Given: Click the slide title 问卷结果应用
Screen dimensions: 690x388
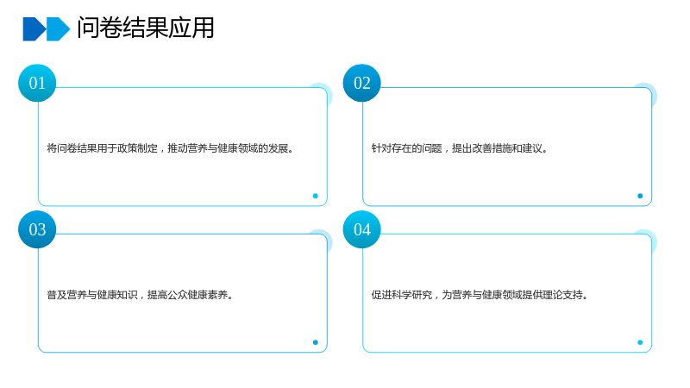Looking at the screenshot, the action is coord(146,28).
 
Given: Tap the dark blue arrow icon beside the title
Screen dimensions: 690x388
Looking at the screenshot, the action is coord(34,29).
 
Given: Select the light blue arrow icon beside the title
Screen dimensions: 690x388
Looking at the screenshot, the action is coord(58,29).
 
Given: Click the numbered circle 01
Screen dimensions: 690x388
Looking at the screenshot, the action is coord(37,83).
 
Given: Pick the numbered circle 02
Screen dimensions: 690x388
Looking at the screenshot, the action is coord(361,83).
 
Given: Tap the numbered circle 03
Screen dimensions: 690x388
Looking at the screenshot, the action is coord(37,229).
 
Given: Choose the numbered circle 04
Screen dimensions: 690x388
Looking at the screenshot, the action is coord(361,229).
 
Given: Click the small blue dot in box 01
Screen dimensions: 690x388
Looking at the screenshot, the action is coord(316,196).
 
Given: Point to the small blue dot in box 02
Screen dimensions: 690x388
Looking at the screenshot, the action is coord(640,196).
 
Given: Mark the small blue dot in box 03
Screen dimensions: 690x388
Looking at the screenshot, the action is coord(316,342).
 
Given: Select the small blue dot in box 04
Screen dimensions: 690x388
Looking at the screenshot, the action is coord(640,342).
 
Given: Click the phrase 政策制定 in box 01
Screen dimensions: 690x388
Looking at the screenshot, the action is coord(137,148).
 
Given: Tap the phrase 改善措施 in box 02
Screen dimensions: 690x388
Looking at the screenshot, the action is coord(492,148).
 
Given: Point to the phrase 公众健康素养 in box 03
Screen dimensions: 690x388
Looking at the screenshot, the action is coord(187,295).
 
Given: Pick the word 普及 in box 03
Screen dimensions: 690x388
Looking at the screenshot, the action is coord(57,295).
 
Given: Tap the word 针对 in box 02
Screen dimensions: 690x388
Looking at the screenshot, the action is coord(381,148).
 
